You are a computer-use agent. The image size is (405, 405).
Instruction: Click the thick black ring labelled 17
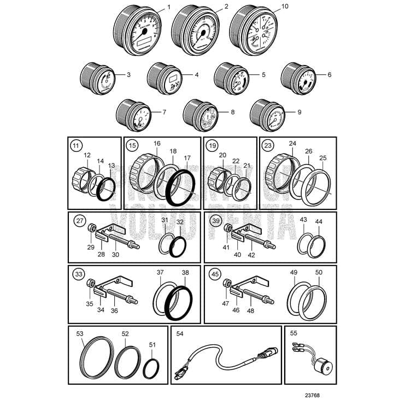(179, 187)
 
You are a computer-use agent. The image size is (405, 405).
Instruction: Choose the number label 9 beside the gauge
(300, 112)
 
